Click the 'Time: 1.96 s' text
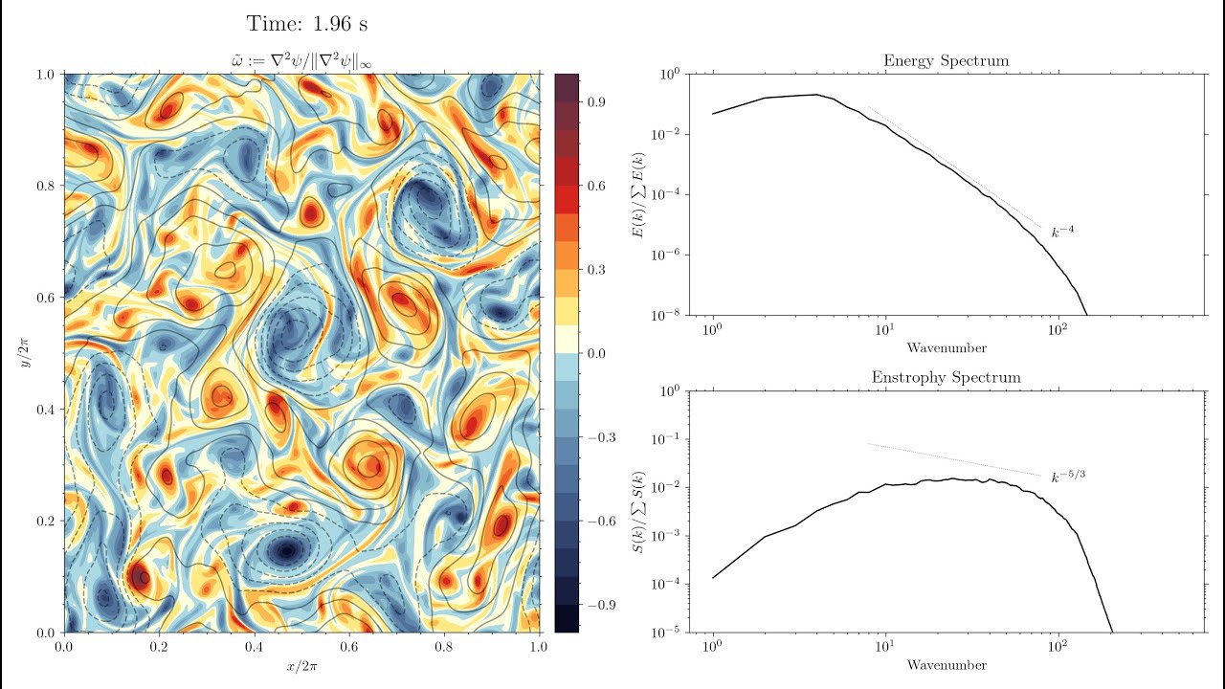click(x=306, y=24)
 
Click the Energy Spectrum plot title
click(x=946, y=61)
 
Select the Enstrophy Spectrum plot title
click(x=946, y=377)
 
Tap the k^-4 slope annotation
click(x=1062, y=232)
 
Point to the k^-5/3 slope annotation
click(x=1068, y=477)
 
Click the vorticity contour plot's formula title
click(x=301, y=61)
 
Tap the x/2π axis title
click(x=301, y=666)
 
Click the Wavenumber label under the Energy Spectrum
click(x=946, y=347)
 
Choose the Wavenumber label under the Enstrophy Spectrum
click(x=946, y=664)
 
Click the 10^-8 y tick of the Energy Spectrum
click(x=666, y=315)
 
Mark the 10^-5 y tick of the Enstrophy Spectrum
click(x=666, y=633)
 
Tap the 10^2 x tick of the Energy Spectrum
click(x=1057, y=331)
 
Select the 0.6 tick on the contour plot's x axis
click(x=349, y=647)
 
